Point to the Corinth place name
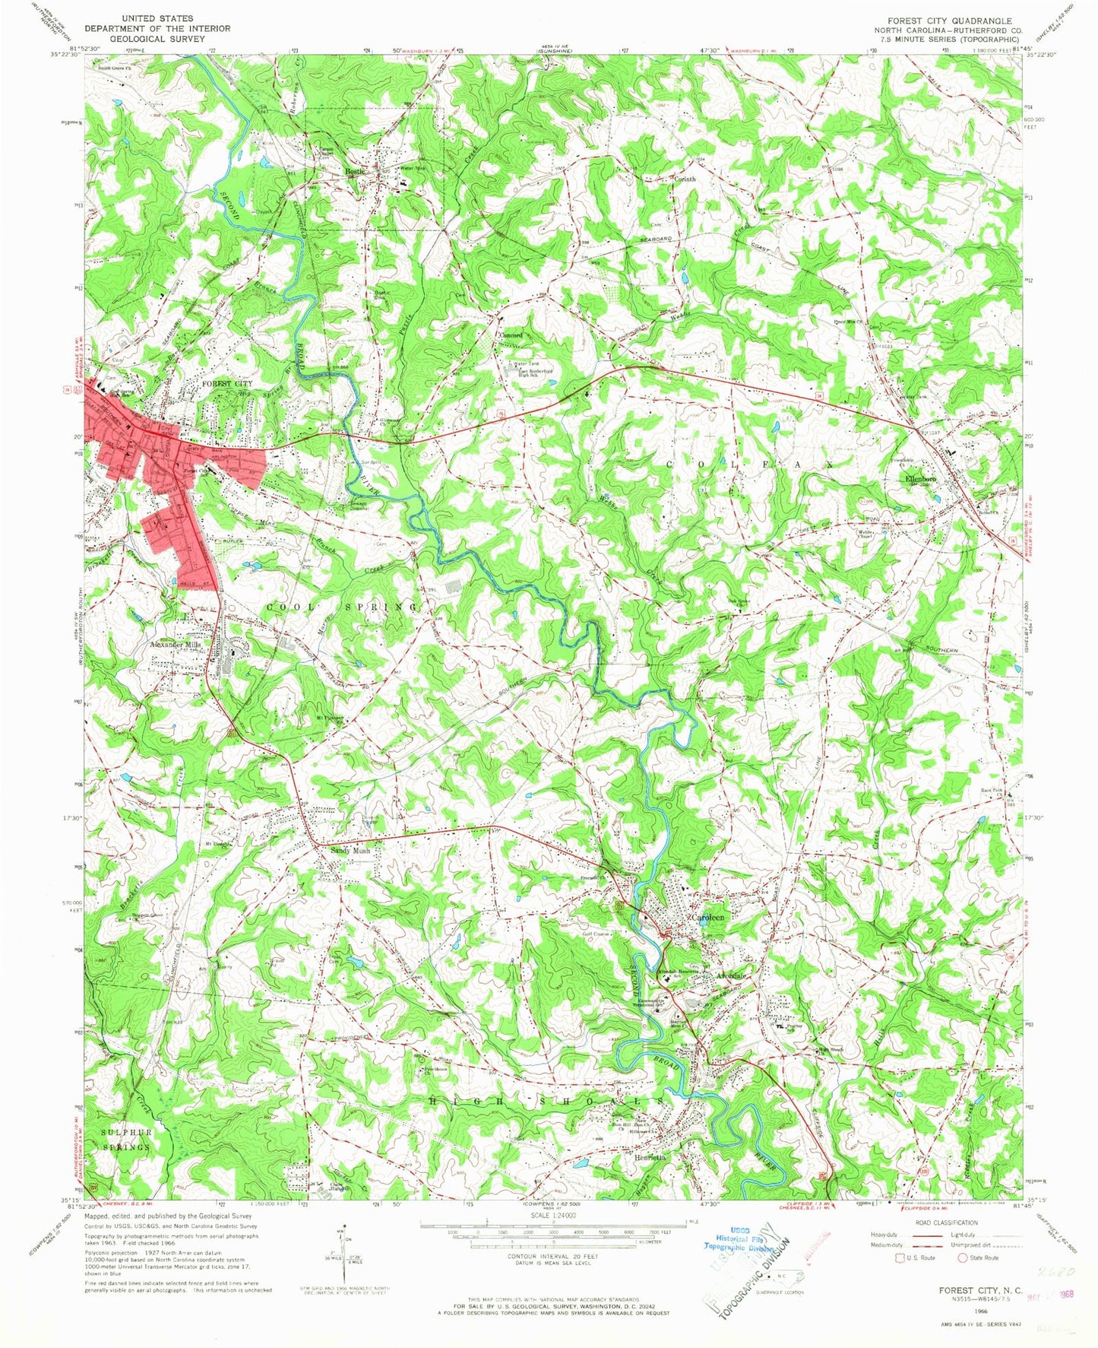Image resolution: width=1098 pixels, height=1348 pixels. pos(685,179)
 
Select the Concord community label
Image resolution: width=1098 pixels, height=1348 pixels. pos(511,335)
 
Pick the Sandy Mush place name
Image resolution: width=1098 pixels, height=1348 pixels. pos(350,852)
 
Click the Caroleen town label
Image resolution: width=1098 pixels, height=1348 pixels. pos(707,918)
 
